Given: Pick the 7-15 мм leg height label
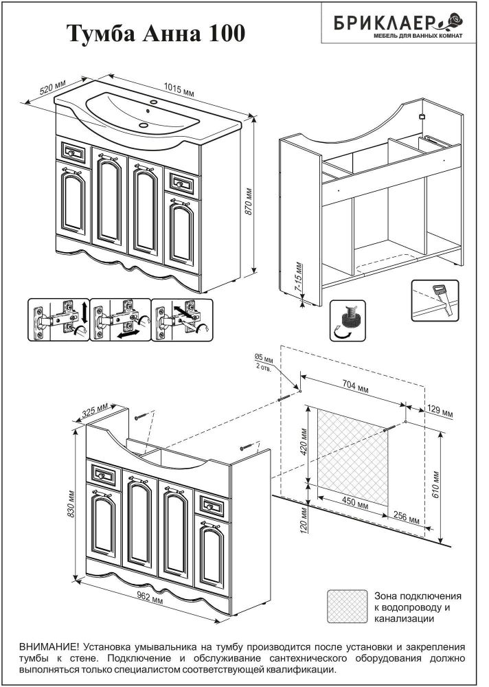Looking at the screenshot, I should pyautogui.click(x=297, y=280).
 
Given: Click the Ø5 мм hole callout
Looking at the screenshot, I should pyautogui.click(x=264, y=361).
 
